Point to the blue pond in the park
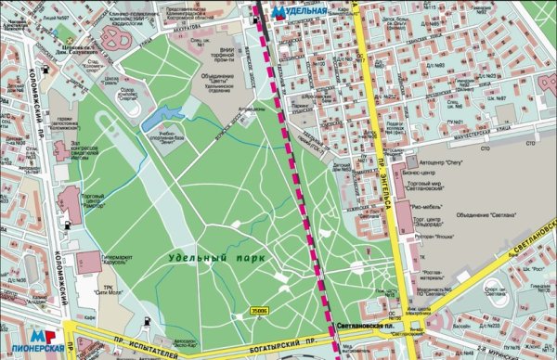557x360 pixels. [x=161, y=115]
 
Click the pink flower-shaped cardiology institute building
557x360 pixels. [x=115, y=37]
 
